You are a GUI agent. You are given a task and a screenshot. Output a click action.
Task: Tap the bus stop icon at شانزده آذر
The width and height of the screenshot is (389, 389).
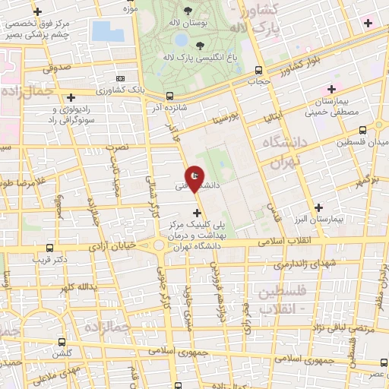(169, 96)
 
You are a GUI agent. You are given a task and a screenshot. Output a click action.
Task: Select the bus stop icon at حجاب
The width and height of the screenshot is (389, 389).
(254, 79)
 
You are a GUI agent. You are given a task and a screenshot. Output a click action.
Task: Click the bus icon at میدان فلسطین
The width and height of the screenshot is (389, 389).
(362, 128)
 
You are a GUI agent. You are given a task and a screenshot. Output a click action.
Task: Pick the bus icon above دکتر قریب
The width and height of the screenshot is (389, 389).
(50, 247)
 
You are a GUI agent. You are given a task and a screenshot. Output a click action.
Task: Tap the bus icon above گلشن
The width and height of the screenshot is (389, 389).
(63, 342)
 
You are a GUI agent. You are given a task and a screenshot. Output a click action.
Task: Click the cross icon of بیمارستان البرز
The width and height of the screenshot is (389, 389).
(318, 207)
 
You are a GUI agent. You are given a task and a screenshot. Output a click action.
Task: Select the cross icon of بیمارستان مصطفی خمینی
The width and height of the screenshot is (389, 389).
(331, 89)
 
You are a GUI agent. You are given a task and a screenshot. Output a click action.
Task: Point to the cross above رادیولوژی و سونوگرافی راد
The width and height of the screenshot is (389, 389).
(71, 97)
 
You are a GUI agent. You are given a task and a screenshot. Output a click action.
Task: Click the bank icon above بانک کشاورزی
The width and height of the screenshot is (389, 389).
(120, 78)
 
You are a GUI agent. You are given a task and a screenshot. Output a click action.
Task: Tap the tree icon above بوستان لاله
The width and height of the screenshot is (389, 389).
(188, 12)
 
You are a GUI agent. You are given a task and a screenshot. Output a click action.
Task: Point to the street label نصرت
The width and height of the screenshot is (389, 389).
(118, 145)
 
